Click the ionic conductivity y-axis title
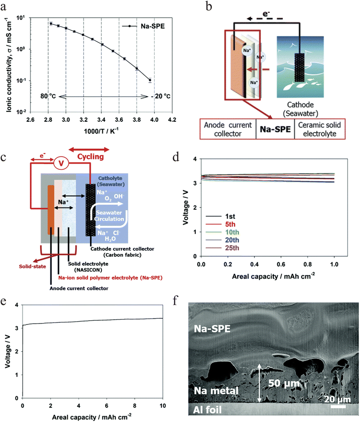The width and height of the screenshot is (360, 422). [x=10, y=62]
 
